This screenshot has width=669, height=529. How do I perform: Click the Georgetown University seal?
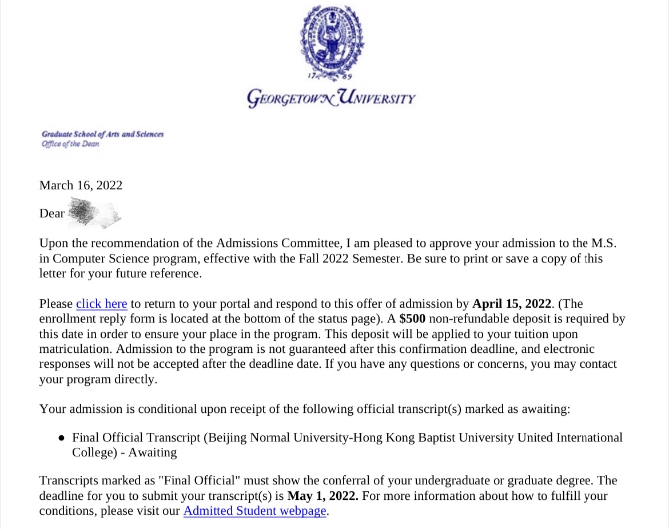click(x=332, y=41)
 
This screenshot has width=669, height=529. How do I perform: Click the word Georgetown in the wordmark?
click(x=290, y=98)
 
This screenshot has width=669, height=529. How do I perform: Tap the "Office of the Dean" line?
click(x=70, y=144)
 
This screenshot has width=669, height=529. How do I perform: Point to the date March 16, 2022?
click(x=81, y=185)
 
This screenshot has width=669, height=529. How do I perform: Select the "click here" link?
click(x=101, y=304)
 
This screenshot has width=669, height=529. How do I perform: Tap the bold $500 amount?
click(x=412, y=319)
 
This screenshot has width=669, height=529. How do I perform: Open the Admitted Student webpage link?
click(x=254, y=511)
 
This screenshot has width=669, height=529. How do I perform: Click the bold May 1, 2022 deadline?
click(x=322, y=496)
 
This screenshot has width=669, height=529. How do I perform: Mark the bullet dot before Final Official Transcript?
click(x=61, y=438)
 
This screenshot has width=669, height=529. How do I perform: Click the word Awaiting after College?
click(x=152, y=453)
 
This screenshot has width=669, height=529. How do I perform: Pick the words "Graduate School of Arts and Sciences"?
click(x=102, y=134)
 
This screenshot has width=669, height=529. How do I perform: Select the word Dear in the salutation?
click(x=51, y=213)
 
